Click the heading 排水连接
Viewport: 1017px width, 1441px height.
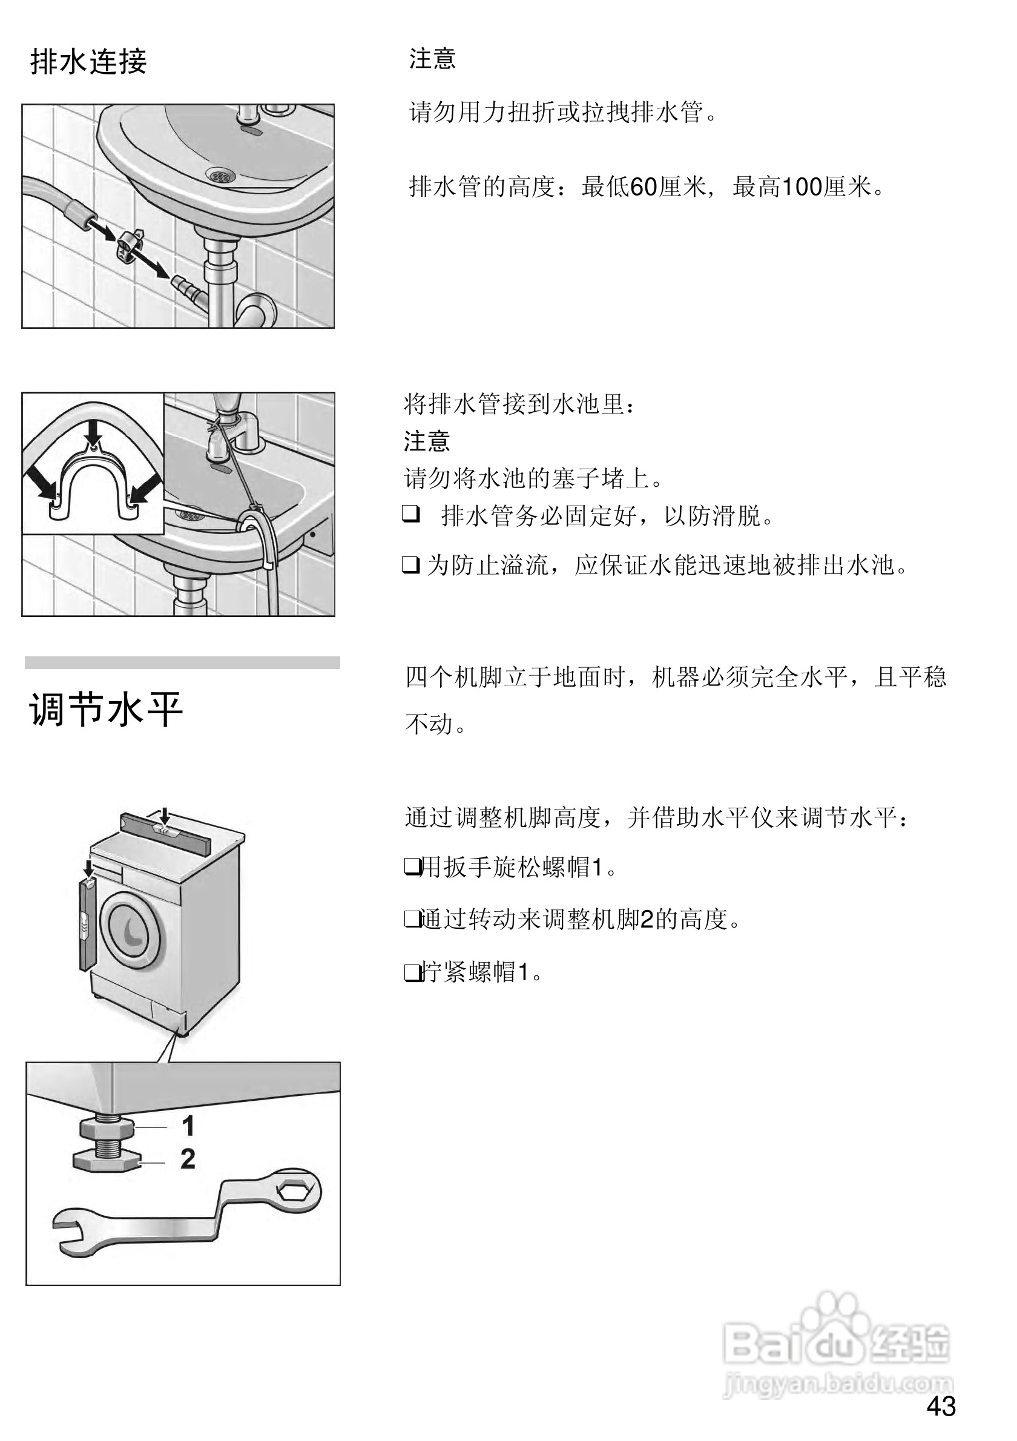pyautogui.click(x=88, y=62)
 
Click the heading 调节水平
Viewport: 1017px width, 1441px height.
pyautogui.click(x=105, y=710)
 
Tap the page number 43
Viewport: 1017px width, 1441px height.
pyautogui.click(x=941, y=1406)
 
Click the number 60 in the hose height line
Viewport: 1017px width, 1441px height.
pyautogui.click(x=643, y=187)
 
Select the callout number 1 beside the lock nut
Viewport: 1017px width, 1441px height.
pyautogui.click(x=188, y=1126)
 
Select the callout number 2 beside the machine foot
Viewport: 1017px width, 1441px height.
pyautogui.click(x=188, y=1159)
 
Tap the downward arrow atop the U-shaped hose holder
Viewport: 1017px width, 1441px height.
pyautogui.click(x=94, y=432)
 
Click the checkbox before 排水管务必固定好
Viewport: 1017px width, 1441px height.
pyautogui.click(x=411, y=515)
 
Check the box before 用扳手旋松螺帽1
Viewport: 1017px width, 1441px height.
pyautogui.click(x=412, y=867)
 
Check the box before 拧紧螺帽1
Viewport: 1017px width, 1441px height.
pyautogui.click(x=412, y=972)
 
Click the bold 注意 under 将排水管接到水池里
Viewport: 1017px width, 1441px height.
pyautogui.click(x=427, y=441)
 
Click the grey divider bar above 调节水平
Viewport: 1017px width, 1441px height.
pyautogui.click(x=182, y=662)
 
